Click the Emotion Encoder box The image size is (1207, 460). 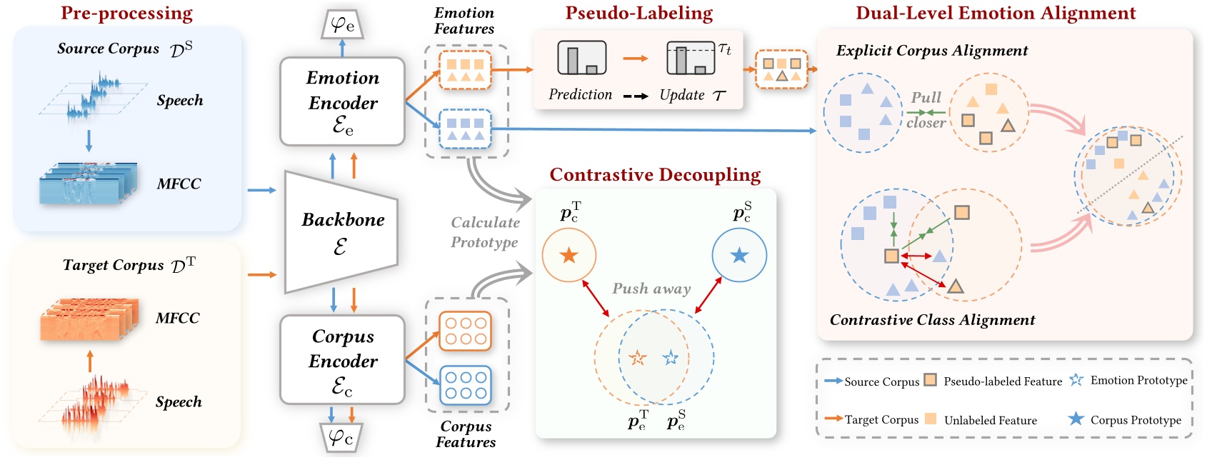342,101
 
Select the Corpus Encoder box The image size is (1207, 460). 342,360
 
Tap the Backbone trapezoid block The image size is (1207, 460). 341,231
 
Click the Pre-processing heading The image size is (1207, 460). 126,14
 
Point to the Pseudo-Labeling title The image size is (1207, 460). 638,14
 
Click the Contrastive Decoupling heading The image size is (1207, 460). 654,175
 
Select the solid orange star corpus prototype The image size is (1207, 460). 569,255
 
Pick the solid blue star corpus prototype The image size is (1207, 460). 739,255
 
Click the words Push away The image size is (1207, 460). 651,289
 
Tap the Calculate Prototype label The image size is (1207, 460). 485,232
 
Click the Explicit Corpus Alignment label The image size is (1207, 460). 931,51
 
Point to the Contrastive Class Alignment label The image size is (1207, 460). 931,320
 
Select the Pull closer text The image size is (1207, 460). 926,110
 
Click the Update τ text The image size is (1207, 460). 691,95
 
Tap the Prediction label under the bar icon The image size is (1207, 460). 580,94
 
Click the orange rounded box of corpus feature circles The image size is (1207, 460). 465,331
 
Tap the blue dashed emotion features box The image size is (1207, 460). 465,129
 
